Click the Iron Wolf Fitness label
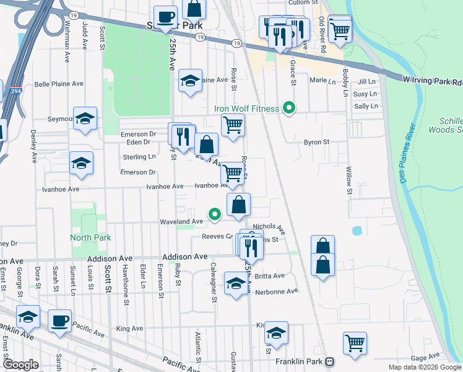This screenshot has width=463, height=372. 247,108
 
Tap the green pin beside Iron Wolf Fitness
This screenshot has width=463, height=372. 288,108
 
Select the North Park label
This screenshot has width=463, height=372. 90,237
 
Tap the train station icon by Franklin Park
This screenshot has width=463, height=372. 330,361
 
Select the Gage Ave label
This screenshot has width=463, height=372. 424,358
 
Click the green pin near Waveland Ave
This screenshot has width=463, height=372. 215,215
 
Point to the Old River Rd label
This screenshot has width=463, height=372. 322,30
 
